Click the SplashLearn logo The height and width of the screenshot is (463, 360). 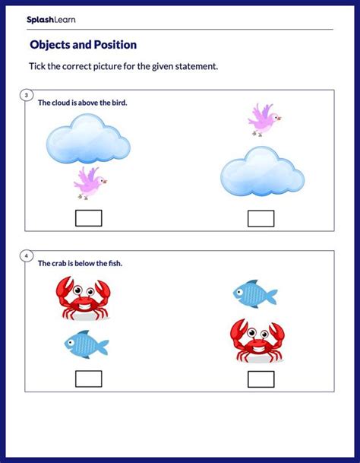pyautogui.click(x=51, y=20)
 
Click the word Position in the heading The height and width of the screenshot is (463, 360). pyautogui.click(x=115, y=45)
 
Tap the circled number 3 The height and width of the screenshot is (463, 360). pyautogui.click(x=27, y=95)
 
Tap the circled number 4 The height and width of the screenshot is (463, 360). pyautogui.click(x=27, y=256)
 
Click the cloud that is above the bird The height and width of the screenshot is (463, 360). pyautogui.click(x=88, y=139)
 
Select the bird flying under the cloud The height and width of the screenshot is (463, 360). pyautogui.click(x=90, y=183)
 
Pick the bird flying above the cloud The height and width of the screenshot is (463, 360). pyautogui.click(x=264, y=120)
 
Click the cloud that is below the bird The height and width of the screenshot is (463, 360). pyautogui.click(x=262, y=172)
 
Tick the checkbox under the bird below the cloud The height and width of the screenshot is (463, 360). pyautogui.click(x=89, y=218)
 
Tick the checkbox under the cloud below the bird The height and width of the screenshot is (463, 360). pyautogui.click(x=261, y=218)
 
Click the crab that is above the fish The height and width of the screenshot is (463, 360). pyautogui.click(x=84, y=298)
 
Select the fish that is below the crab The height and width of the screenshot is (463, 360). pyautogui.click(x=87, y=344)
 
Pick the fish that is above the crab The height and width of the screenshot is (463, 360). pyautogui.click(x=255, y=293)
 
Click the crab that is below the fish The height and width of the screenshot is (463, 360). pyautogui.click(x=257, y=341)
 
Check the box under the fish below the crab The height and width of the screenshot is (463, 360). pyautogui.click(x=89, y=379)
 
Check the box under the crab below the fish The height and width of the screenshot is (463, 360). pyautogui.click(x=261, y=379)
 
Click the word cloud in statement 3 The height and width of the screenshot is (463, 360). pyautogui.click(x=60, y=103)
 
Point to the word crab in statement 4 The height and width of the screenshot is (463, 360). pyautogui.click(x=59, y=263)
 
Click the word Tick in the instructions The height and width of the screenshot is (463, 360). pyautogui.click(x=37, y=66)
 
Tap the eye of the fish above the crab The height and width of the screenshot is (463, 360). pyautogui.click(x=239, y=292)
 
